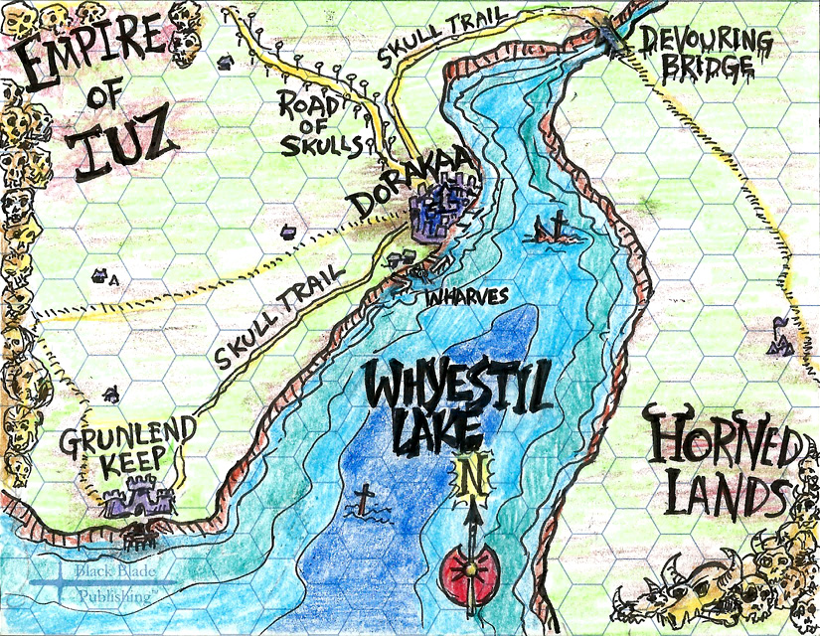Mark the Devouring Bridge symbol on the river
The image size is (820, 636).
coord(607,35)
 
